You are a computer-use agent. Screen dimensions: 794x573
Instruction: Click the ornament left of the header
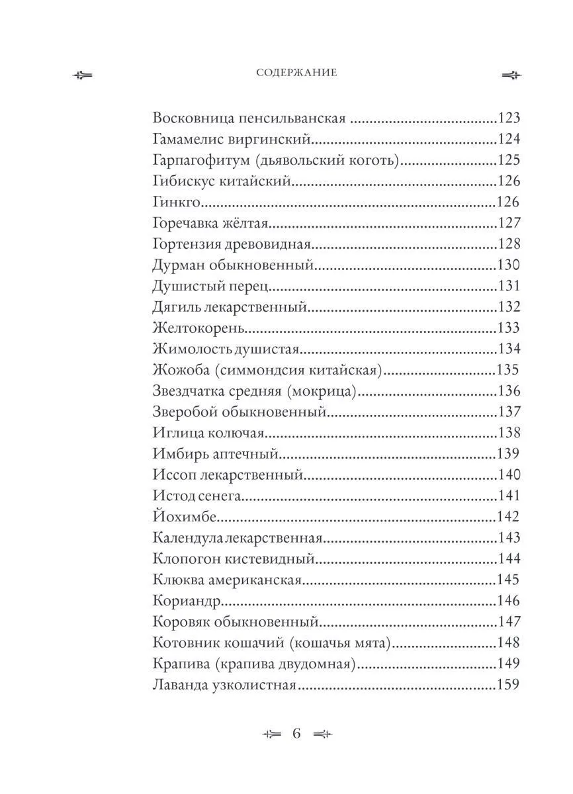[83, 74]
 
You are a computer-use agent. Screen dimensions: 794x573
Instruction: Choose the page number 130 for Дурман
[509, 265]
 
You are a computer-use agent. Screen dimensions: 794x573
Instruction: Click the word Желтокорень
[191, 328]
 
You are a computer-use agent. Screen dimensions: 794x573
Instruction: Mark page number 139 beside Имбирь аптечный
[509, 454]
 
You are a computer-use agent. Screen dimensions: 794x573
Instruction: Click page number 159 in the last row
[509, 685]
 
